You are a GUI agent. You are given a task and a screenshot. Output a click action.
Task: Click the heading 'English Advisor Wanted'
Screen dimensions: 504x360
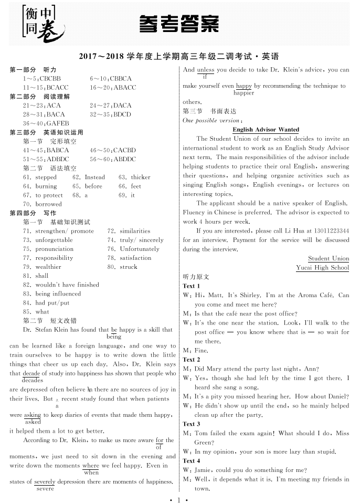pyautogui.click(x=266, y=130)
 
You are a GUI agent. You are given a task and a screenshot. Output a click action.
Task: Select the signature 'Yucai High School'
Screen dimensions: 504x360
pyautogui.click(x=322, y=267)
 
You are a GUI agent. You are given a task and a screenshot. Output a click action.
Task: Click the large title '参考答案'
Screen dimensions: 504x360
pyautogui.click(x=179, y=24)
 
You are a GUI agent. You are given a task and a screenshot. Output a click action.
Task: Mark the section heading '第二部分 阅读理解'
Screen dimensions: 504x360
pyautogui.click(x=40, y=97)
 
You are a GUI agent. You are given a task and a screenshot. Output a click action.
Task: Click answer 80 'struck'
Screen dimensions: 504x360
pyautogui.click(x=128, y=267)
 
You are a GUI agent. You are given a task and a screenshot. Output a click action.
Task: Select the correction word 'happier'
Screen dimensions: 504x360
pyautogui.click(x=243, y=93)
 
